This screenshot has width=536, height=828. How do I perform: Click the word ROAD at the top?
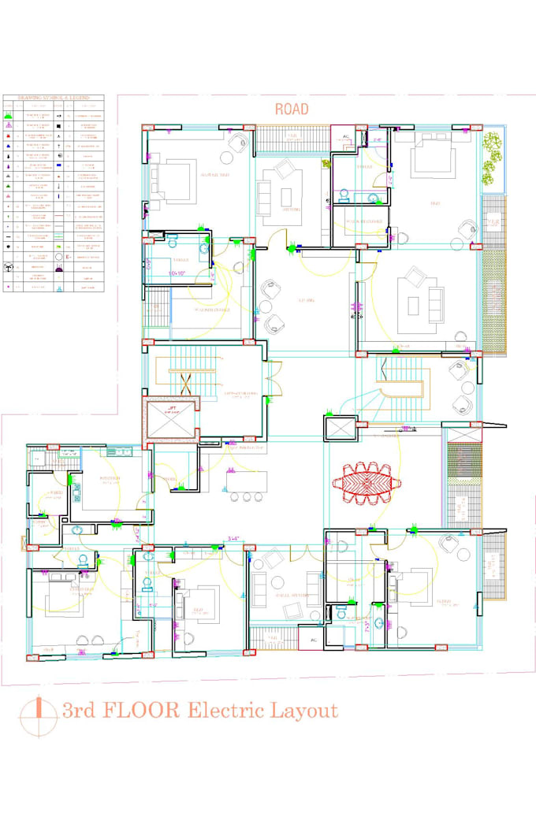pos(292,110)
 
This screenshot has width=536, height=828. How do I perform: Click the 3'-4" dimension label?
pos(233,540)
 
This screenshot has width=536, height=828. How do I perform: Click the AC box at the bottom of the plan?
pos(313,641)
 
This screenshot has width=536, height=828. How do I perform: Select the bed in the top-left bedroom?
pos(174,174)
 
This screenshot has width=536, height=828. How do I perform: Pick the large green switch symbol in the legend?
pos(9,116)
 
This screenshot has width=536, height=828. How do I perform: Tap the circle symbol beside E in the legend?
pos(60,256)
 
